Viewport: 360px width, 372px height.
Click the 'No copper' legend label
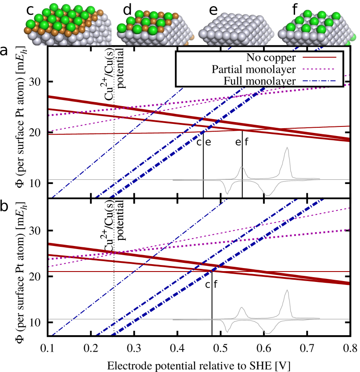pyautogui.click(x=271, y=58)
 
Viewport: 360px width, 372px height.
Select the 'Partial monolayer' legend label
pyautogui.click(x=254, y=69)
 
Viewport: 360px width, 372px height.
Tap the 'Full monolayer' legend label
pyautogui.click(x=260, y=81)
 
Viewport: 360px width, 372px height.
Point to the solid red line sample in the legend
pyautogui.click(x=319, y=57)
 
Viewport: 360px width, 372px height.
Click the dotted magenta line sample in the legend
pyautogui.click(x=319, y=69)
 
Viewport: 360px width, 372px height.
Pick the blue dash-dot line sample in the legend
pyautogui.click(x=319, y=81)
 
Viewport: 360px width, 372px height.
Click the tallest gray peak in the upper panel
pyautogui.click(x=286, y=149)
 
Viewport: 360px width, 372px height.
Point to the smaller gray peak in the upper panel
pyautogui.click(x=241, y=168)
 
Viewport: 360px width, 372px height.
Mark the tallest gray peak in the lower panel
pyautogui.click(x=286, y=291)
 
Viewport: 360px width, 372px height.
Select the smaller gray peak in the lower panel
pyautogui.click(x=241, y=308)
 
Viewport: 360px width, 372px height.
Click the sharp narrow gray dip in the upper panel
pyautogui.click(x=227, y=193)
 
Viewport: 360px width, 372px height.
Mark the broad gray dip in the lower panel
pyautogui.click(x=267, y=333)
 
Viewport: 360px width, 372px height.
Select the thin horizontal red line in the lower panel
pyautogui.click(x=130, y=272)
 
